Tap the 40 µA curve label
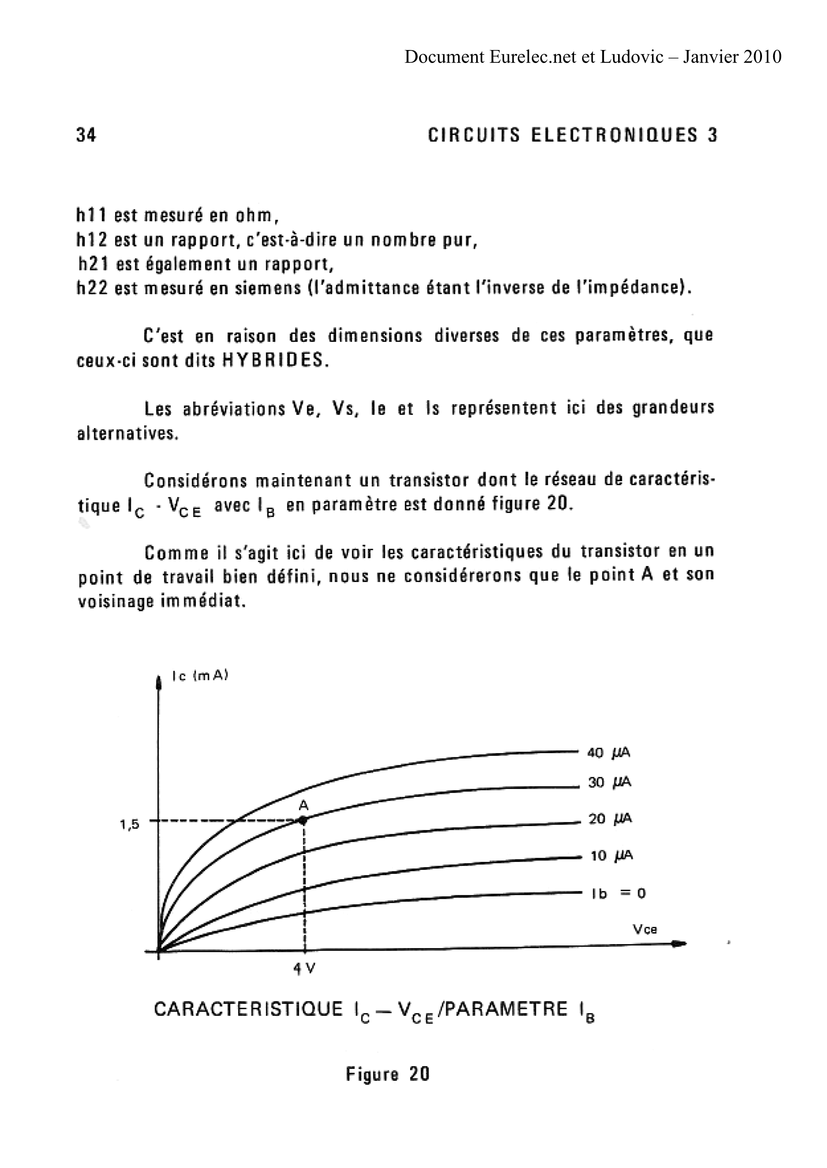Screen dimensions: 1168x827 point(609,753)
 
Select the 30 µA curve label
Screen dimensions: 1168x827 point(610,783)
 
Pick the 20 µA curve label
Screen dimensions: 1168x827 point(610,819)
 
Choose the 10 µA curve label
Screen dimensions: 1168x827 point(611,856)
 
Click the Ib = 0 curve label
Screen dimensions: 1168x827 point(618,893)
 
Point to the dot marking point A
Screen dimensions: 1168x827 point(303,820)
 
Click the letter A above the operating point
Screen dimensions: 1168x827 point(303,805)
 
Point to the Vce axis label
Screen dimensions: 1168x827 point(645,930)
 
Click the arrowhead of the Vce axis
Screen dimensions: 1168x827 point(680,944)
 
